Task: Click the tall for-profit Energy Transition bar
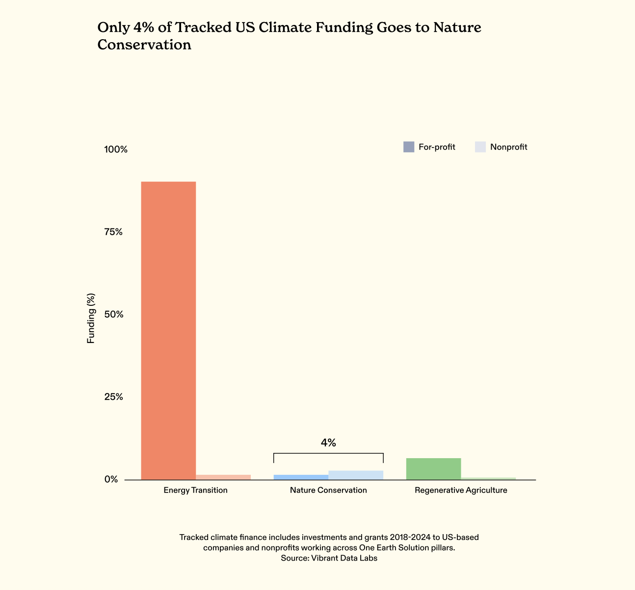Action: [168, 330]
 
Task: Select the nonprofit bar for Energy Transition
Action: [223, 477]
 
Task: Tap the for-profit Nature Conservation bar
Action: [301, 477]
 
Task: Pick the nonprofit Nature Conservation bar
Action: [356, 475]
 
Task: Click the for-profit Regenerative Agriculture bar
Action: [433, 468]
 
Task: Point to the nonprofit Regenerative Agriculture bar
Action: [488, 478]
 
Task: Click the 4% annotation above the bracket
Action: [328, 443]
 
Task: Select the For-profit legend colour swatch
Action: [409, 147]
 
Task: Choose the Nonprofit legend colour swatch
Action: [480, 147]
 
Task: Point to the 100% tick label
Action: [116, 149]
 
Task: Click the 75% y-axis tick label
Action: [113, 232]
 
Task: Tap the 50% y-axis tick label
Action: [113, 314]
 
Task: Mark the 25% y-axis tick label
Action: [113, 397]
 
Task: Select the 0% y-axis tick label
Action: [111, 479]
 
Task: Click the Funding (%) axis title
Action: [91, 318]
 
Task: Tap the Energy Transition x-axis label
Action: [196, 490]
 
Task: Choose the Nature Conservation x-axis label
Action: [328, 490]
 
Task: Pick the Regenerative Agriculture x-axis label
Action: [461, 490]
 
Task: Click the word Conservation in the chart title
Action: [144, 45]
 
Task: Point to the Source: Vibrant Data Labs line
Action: [329, 558]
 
